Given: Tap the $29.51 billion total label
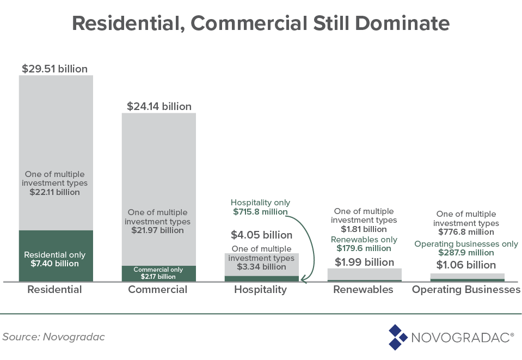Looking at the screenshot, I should point(54,69).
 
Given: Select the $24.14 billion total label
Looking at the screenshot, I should point(159,107).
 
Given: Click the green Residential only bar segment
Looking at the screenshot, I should point(56,256).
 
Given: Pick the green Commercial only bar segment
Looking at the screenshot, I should point(158,273).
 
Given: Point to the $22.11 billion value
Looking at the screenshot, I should point(55,192).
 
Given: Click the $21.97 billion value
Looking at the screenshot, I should point(157,230).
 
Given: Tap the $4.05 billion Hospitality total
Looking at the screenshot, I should point(261,235).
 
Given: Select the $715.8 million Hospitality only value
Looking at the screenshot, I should point(260,212).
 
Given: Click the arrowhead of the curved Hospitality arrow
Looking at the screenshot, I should point(303,280).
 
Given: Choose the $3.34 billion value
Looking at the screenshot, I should point(261,267).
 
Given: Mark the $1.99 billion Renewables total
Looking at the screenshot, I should point(364,262).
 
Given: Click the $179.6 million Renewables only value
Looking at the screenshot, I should point(364,248).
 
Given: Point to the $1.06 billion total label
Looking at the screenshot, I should point(466,265).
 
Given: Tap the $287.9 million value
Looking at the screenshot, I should point(466,253).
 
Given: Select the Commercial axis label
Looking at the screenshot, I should point(157,290).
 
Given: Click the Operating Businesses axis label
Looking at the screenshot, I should point(466,290).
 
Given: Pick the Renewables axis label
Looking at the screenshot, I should point(363,290).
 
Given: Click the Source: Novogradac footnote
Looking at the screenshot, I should point(53,337).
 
